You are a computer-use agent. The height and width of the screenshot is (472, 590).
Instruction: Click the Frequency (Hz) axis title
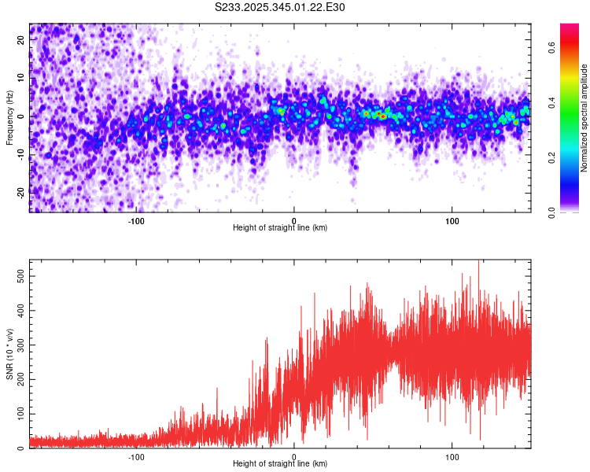(x=9, y=117)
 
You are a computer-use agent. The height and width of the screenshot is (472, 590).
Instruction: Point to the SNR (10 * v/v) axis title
(x=9, y=354)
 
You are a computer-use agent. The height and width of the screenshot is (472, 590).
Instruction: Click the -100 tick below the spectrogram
(x=136, y=221)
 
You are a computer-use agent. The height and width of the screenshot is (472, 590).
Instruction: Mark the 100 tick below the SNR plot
(x=452, y=457)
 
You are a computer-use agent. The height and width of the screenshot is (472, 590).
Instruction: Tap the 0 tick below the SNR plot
(x=294, y=457)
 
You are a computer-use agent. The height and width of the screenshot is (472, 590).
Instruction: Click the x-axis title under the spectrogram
(x=280, y=228)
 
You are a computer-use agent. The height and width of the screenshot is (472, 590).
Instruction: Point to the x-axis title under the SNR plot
(x=280, y=464)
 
